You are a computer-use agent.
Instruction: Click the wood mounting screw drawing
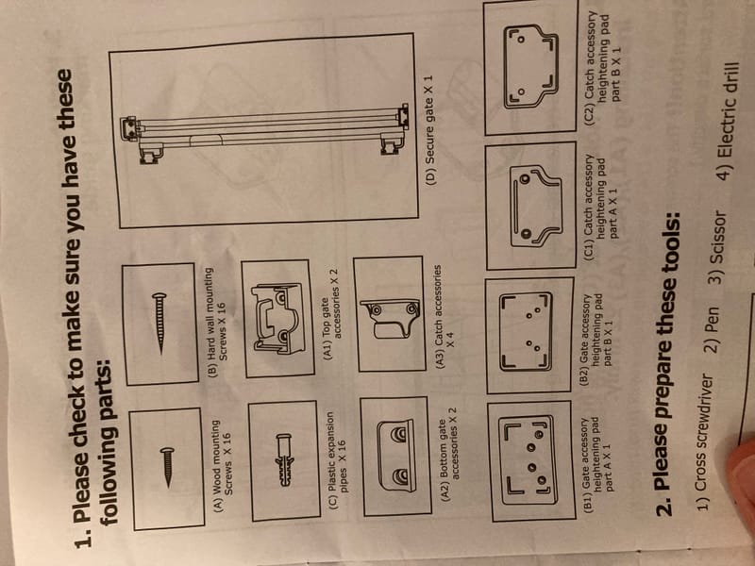click(168, 466)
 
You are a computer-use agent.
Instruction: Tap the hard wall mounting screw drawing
click(159, 323)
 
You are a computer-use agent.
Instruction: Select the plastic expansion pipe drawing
click(285, 459)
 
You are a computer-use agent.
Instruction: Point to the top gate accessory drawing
click(277, 318)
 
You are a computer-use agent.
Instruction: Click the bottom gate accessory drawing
click(395, 456)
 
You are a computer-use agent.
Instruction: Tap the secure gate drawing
click(264, 130)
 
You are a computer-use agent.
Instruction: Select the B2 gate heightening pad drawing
click(526, 332)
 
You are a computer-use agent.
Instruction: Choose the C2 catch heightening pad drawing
click(530, 66)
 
